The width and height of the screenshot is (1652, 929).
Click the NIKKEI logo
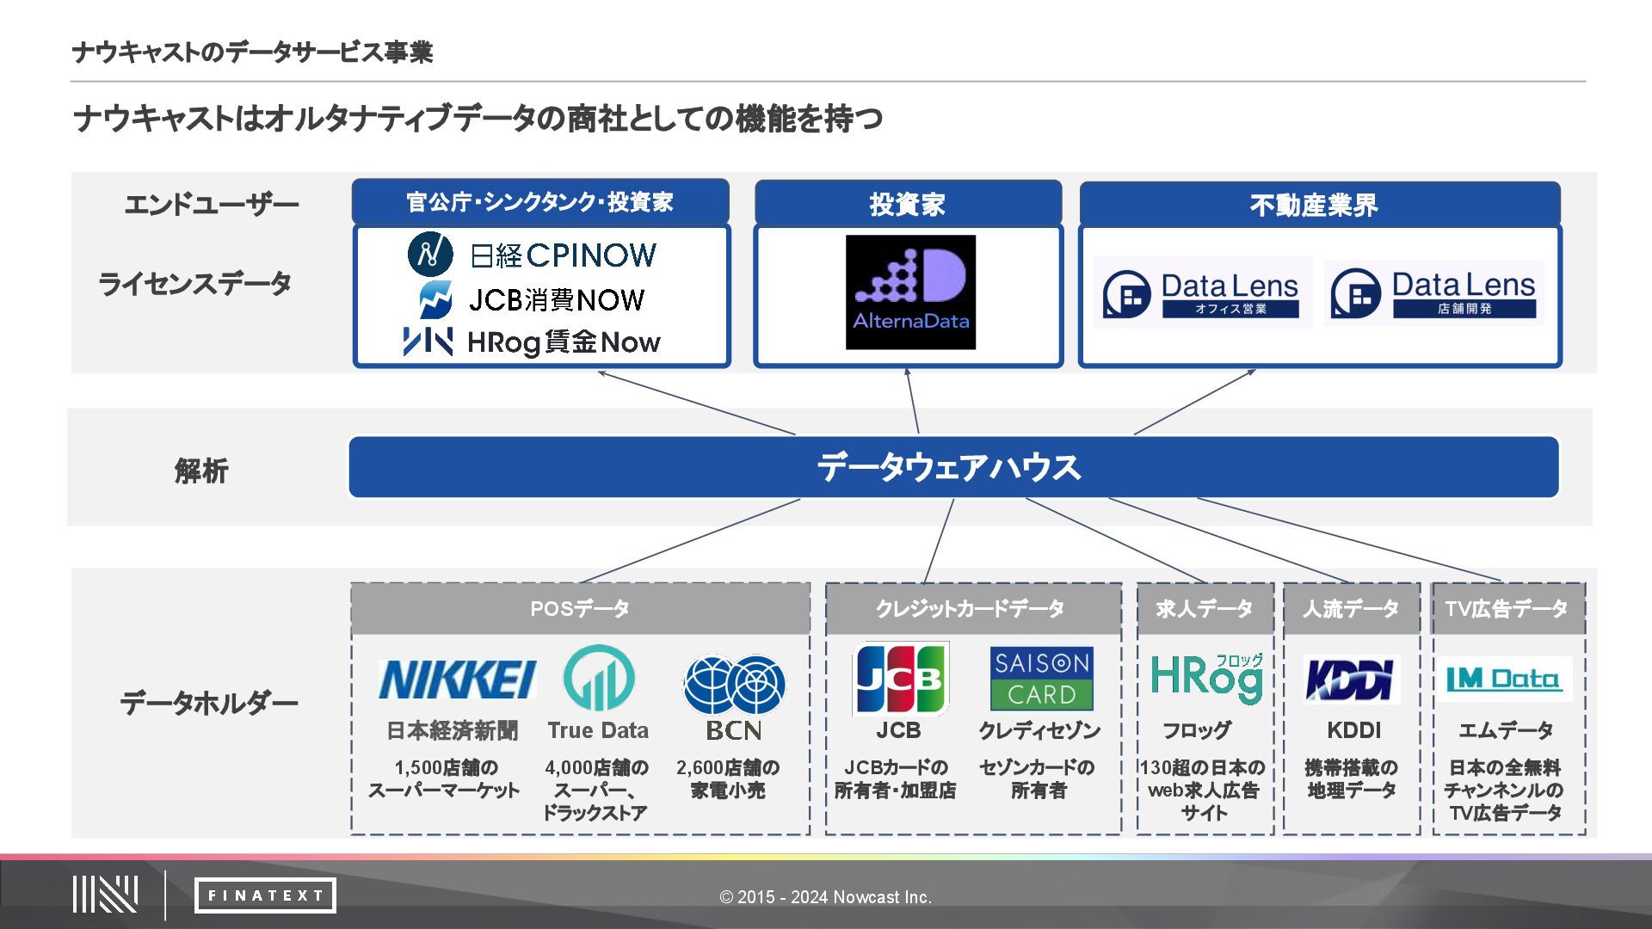click(x=457, y=680)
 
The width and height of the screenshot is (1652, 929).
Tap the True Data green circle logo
click(x=599, y=679)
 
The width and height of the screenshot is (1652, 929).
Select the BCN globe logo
click(x=734, y=685)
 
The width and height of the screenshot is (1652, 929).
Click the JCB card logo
click(x=900, y=679)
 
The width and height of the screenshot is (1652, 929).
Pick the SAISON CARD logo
click(x=1041, y=679)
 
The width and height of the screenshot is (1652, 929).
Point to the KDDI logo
click(x=1351, y=680)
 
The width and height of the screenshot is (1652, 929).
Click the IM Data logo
click(x=1503, y=680)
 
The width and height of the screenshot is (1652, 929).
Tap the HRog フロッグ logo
click(x=1206, y=679)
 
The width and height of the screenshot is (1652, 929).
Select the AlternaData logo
click(x=910, y=292)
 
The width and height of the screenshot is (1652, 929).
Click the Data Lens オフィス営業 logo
click(x=1202, y=292)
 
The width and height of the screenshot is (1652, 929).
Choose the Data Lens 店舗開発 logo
click(x=1433, y=292)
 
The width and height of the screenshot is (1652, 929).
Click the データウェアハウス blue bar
click(x=953, y=467)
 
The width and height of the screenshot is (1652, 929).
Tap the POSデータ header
click(x=580, y=609)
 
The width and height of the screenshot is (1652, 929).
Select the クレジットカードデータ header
click(x=972, y=609)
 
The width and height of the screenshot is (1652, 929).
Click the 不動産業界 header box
click(x=1319, y=205)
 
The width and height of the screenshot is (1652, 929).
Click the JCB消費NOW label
click(x=557, y=299)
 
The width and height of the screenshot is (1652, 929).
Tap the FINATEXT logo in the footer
click(x=265, y=895)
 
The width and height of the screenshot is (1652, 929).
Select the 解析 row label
click(x=201, y=471)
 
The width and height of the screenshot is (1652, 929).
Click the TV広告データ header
click(x=1507, y=609)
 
